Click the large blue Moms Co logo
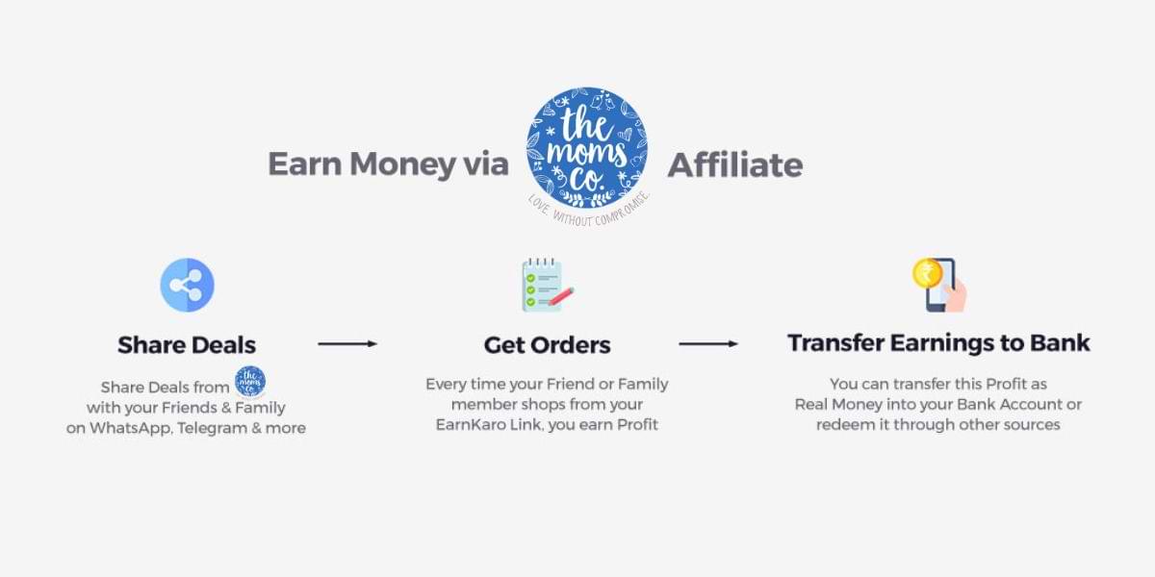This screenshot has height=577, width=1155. pyautogui.click(x=586, y=146)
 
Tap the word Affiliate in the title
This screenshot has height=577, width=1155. pyautogui.click(x=734, y=164)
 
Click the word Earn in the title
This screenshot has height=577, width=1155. pyautogui.click(x=304, y=164)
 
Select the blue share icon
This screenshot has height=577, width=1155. pyautogui.click(x=187, y=285)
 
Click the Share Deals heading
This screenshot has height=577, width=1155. pyautogui.click(x=187, y=344)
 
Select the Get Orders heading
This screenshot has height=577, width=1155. pyautogui.click(x=547, y=344)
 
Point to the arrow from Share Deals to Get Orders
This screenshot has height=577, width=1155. pyautogui.click(x=346, y=343)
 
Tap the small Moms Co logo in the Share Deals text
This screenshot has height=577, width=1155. pyautogui.click(x=250, y=381)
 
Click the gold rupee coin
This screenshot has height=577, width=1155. pyautogui.click(x=926, y=272)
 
